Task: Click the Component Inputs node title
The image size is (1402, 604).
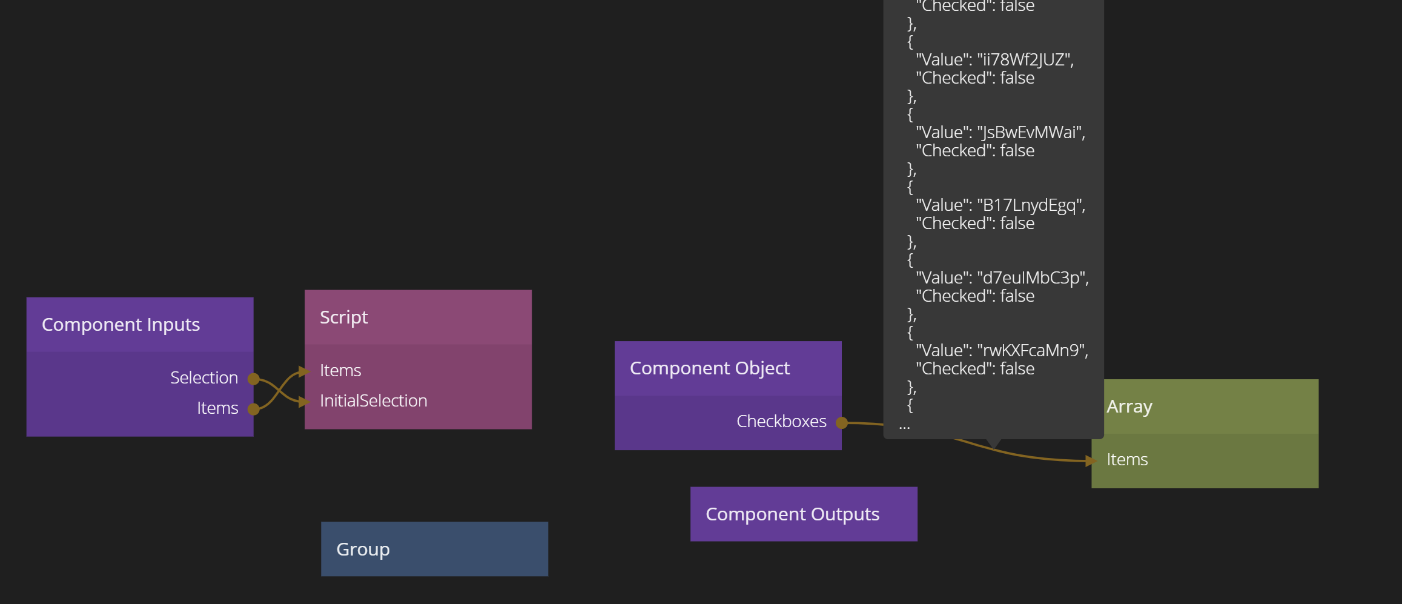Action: point(121,325)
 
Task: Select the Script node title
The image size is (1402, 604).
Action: point(343,317)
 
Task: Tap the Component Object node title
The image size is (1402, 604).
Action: point(709,368)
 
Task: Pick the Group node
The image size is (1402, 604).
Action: point(434,549)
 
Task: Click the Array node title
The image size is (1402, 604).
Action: point(1129,407)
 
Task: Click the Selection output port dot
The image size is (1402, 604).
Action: point(254,379)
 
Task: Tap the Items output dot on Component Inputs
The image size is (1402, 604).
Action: point(254,410)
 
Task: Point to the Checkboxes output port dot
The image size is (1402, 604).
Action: point(841,423)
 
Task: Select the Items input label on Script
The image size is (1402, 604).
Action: point(340,371)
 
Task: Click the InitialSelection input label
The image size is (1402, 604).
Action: point(373,401)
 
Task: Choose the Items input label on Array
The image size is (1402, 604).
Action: point(1126,460)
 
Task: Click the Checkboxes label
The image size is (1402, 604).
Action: point(781,422)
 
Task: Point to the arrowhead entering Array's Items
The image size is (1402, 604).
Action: point(1091,461)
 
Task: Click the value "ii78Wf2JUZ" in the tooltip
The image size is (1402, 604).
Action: point(1025,60)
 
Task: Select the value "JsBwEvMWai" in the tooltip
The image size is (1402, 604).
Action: point(1031,133)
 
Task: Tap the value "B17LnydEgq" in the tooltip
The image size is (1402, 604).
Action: point(1031,205)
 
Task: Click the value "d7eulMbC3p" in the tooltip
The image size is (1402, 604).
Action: point(1033,278)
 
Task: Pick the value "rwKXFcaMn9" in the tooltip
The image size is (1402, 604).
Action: point(1033,351)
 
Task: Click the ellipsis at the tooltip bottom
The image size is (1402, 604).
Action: point(904,426)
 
